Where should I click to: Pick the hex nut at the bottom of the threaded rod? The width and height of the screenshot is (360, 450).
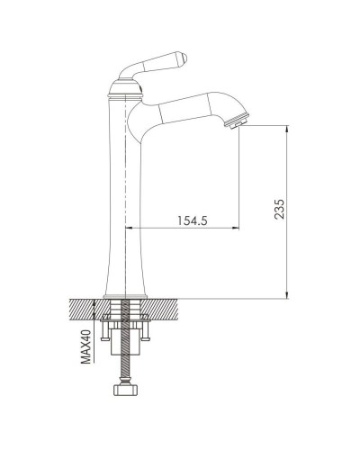pos(125,393)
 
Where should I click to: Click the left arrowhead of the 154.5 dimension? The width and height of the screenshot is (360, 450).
pos(130,229)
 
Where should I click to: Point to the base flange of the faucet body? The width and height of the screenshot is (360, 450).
pos(125,294)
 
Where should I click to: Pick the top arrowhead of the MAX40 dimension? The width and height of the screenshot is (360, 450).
pos(96,304)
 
